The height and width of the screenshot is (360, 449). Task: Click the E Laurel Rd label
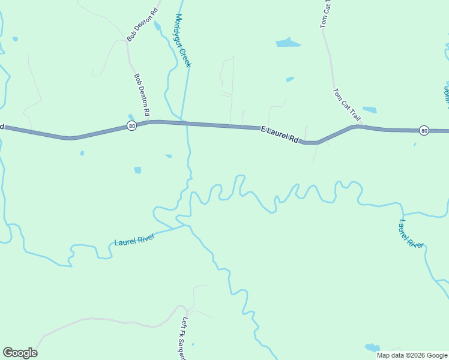click(280, 134)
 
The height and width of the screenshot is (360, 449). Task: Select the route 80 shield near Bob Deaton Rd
click(131, 125)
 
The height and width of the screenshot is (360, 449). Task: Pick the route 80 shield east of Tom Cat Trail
click(424, 130)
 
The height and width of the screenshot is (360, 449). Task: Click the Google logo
click(20, 353)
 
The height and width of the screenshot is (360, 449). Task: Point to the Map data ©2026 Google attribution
click(412, 355)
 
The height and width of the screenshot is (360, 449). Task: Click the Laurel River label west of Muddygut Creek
click(134, 239)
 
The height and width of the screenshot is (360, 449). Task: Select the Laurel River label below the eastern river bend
click(411, 233)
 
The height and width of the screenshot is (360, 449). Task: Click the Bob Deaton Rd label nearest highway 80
click(142, 95)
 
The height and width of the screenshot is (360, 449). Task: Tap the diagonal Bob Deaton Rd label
click(142, 25)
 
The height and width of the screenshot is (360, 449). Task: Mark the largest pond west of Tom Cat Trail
click(288, 43)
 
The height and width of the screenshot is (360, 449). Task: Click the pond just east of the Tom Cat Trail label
click(369, 110)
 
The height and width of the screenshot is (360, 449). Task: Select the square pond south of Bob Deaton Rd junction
click(137, 170)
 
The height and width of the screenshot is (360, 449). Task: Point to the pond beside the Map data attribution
click(372, 347)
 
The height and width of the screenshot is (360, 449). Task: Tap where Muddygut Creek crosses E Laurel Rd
click(187, 124)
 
